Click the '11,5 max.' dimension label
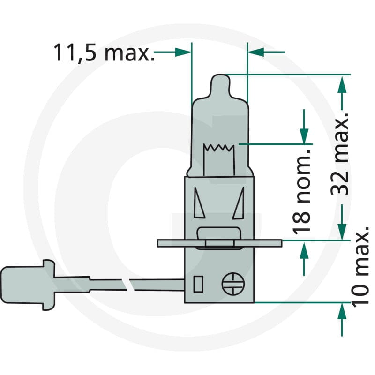(x=104, y=52)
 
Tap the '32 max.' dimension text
(x=340, y=154)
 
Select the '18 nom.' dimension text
(x=301, y=192)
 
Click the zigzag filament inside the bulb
(x=219, y=148)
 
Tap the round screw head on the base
(x=233, y=284)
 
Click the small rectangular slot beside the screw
(x=198, y=284)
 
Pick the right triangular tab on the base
(x=239, y=203)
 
